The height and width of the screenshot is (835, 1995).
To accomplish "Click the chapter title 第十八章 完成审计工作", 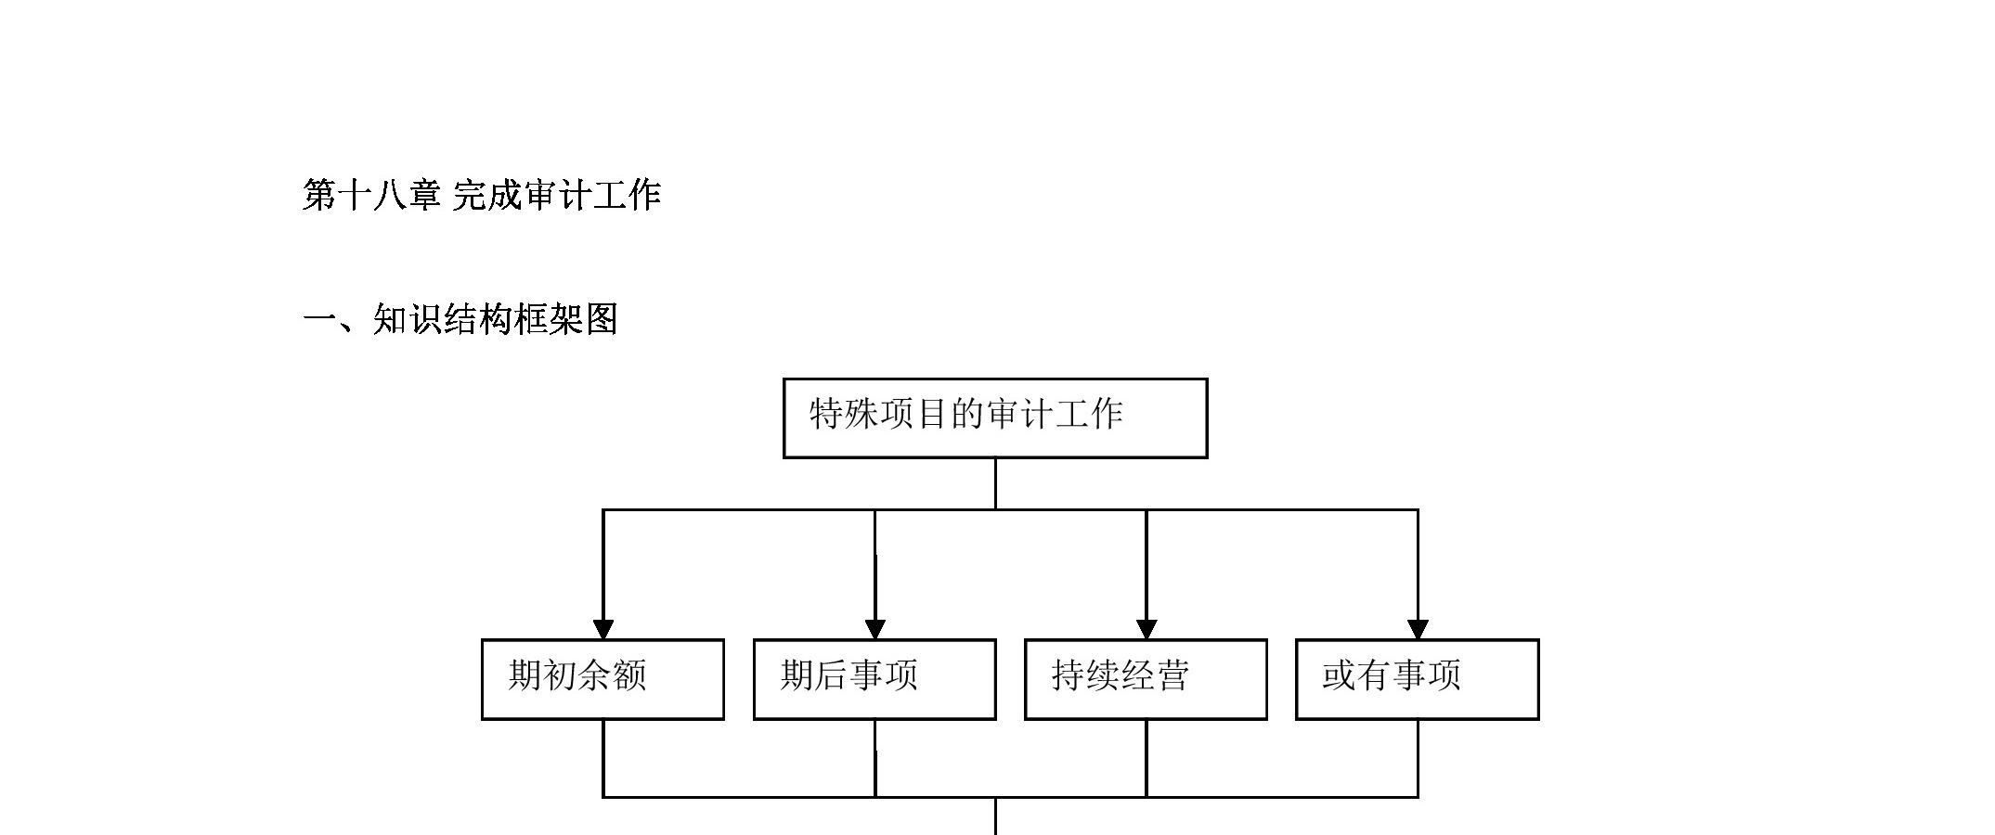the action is coord(482,196).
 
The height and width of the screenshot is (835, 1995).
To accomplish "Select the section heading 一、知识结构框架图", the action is coord(460,320).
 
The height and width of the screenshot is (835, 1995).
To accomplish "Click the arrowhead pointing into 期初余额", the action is coord(603,629).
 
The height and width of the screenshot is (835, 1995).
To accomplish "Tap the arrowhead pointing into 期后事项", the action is coord(874,629).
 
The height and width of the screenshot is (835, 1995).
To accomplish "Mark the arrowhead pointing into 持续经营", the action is coord(1146,629).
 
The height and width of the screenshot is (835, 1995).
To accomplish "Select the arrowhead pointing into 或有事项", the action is coord(1418,629).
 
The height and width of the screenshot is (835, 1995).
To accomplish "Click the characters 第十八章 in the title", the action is coord(371,196).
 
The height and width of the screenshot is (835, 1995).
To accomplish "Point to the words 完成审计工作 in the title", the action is coord(557,196).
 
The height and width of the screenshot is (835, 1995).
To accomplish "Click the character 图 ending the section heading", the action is coord(602,320).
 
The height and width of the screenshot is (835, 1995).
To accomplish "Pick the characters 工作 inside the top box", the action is coord(1090,414).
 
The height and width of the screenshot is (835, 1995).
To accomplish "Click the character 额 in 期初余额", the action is coord(630,675).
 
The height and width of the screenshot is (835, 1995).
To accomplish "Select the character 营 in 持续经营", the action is coord(1173,675).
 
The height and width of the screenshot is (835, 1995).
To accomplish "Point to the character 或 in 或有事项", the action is coord(1340,675).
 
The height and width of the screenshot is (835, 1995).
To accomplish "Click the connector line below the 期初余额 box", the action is coord(603,758).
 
